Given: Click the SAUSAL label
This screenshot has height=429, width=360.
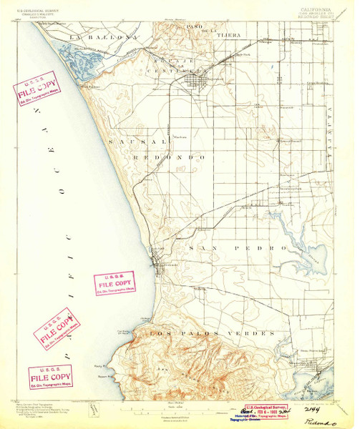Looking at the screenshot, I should (x=128, y=144).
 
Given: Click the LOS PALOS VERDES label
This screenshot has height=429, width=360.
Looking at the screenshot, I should (x=210, y=334).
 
